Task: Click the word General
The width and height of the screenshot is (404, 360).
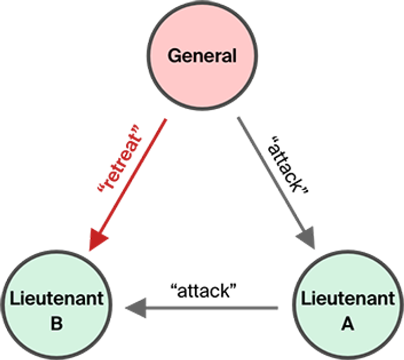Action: tap(202, 55)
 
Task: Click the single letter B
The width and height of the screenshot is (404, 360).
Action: tap(57, 324)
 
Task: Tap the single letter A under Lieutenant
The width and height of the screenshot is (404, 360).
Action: tap(347, 324)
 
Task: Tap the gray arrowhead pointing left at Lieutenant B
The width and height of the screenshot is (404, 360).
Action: tap(136, 307)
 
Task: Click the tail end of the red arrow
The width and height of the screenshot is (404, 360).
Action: tap(166, 120)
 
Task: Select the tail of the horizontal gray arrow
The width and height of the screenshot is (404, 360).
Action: tap(277, 307)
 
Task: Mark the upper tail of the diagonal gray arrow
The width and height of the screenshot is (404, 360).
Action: tap(238, 118)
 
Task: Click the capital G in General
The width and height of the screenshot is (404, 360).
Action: tap(174, 55)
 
